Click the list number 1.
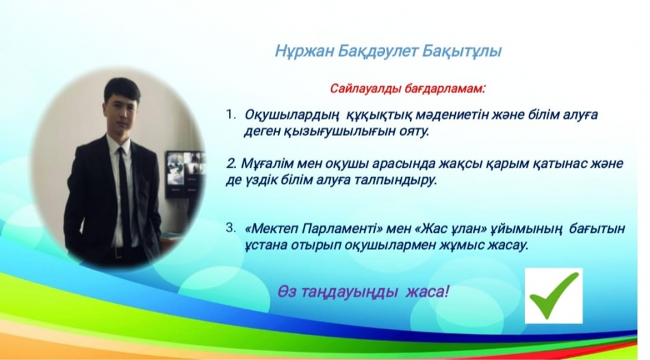click(231, 114)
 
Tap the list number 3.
click(231, 228)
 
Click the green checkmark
click(554, 295)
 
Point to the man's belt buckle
click(119, 251)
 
